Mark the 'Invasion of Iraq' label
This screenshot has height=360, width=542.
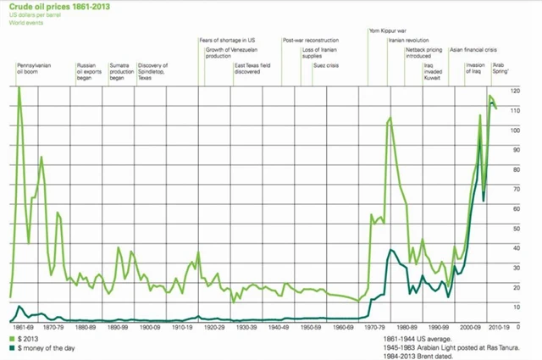(476, 69)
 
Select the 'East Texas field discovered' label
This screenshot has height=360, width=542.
(252, 69)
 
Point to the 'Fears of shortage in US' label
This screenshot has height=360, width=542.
(232, 40)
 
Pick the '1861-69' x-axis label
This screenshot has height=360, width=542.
(24, 325)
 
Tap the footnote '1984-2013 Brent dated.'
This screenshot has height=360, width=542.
(421, 354)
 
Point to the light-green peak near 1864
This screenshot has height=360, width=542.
(19, 88)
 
